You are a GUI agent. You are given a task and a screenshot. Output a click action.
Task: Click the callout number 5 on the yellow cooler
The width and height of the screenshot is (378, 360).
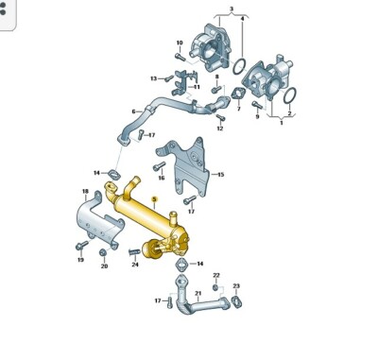(x=154, y=199)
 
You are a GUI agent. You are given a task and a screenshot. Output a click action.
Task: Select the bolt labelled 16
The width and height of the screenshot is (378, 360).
(x=162, y=166)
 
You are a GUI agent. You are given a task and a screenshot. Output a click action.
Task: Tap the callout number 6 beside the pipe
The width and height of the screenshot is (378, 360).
(x=135, y=111)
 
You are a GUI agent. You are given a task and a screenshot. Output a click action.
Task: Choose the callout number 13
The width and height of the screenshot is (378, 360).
(x=153, y=77)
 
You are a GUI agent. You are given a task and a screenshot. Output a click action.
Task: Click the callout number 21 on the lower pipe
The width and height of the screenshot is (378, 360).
(x=198, y=294)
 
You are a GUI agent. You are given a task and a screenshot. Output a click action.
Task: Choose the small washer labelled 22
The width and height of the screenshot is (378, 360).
(x=215, y=285)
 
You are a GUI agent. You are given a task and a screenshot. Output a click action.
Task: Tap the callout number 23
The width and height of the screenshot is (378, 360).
(x=236, y=285)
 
